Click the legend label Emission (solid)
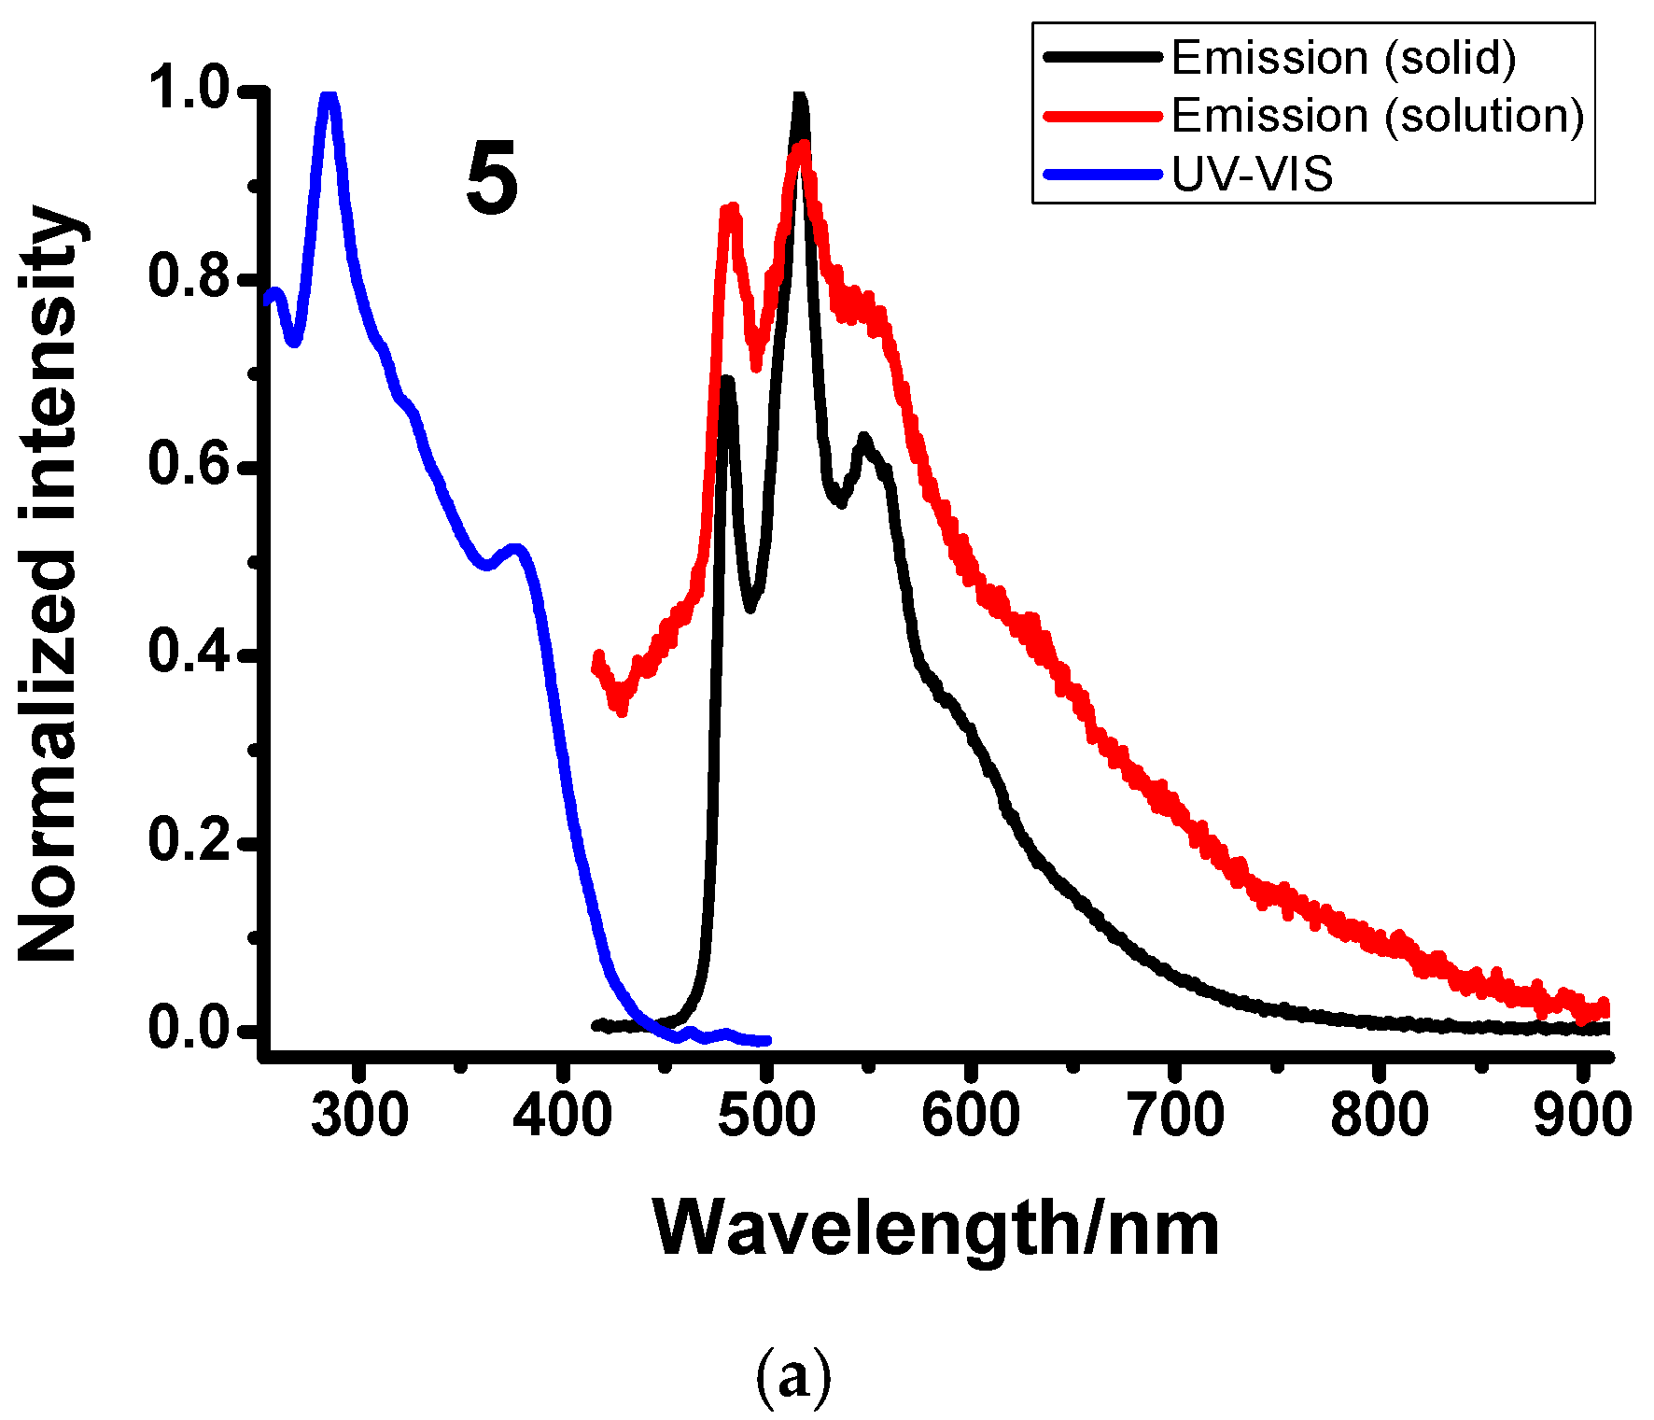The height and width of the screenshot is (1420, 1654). (x=1343, y=58)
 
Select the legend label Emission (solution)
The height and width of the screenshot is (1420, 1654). (x=1377, y=117)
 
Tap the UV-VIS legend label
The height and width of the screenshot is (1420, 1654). (x=1252, y=175)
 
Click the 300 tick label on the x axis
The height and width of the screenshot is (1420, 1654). (x=359, y=1115)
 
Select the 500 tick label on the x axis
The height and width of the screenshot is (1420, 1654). (x=767, y=1115)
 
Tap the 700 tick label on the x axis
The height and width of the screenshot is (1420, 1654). (x=1175, y=1115)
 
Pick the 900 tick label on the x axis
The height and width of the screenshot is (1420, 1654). (x=1583, y=1115)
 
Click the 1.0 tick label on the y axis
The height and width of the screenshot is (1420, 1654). (x=189, y=90)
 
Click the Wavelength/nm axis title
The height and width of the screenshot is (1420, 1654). (x=936, y=1230)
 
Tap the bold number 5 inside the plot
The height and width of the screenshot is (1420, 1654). (x=492, y=179)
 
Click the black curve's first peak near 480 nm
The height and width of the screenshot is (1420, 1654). (x=727, y=381)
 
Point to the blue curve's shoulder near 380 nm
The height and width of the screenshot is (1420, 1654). (x=516, y=549)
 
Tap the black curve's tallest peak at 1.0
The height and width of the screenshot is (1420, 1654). (x=799, y=97)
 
